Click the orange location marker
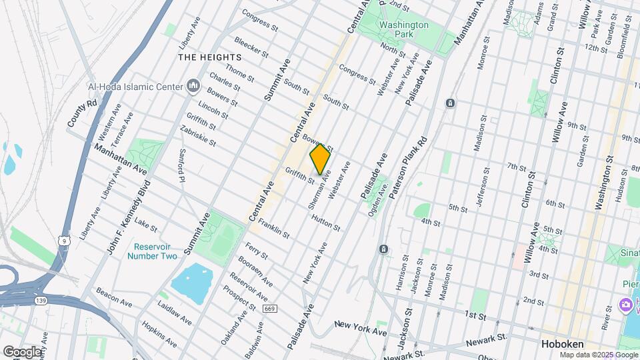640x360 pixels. pos(320,159)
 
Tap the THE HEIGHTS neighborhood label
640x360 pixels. pos(209,57)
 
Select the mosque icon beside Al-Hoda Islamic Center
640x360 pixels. pos(193,86)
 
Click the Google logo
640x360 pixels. pos(22,351)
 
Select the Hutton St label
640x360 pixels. pos(325,223)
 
